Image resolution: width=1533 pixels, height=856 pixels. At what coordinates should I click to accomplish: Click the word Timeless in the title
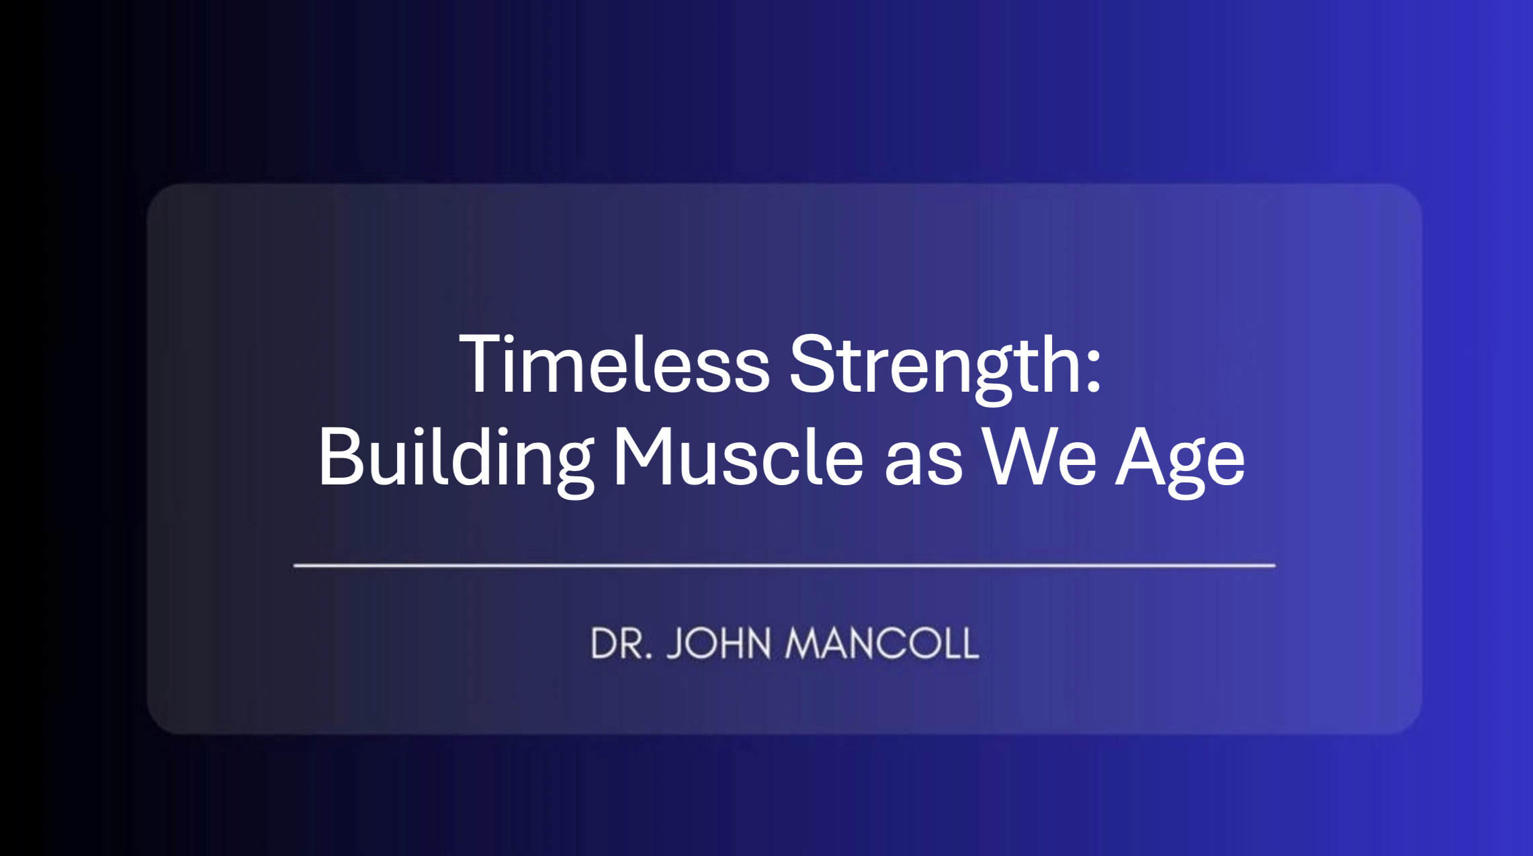(614, 363)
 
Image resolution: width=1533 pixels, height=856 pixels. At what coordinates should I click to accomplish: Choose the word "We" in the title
(1039, 456)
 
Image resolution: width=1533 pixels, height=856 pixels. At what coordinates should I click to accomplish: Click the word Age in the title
(1180, 463)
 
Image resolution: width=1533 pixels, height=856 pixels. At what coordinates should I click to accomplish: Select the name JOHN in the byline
(719, 643)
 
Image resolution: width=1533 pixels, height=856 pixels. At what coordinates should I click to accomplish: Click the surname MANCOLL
(882, 643)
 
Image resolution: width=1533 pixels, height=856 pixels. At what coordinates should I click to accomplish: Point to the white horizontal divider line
(784, 566)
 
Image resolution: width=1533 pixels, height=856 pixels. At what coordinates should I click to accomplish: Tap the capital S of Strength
(810, 363)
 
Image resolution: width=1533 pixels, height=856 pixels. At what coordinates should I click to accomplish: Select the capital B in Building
(341, 456)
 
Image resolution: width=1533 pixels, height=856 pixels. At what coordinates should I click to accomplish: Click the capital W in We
(1018, 456)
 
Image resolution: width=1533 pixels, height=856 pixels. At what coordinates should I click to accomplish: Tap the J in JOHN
(676, 643)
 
